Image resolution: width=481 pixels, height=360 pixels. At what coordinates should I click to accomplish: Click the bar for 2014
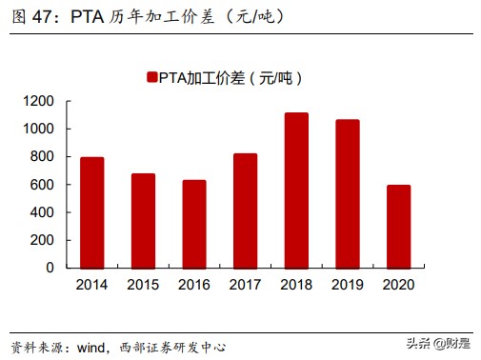point(91,212)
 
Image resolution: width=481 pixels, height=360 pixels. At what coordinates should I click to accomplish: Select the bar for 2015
point(143,220)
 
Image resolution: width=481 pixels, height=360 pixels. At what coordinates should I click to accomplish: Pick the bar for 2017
point(245,210)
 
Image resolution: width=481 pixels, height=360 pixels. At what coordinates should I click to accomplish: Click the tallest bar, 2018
point(296,190)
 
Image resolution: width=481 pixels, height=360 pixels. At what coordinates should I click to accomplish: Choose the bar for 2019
point(347,193)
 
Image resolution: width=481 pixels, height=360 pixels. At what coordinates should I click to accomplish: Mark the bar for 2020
point(398,226)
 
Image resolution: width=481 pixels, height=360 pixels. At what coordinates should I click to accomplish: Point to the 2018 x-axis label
point(296,284)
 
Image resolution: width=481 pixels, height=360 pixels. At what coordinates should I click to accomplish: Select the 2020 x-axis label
point(398,284)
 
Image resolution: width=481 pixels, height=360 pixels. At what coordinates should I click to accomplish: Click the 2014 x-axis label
point(91,284)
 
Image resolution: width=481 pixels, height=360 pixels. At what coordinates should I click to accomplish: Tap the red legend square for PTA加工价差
point(150,77)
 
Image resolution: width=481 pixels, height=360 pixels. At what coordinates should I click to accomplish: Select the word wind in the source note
point(95,346)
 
